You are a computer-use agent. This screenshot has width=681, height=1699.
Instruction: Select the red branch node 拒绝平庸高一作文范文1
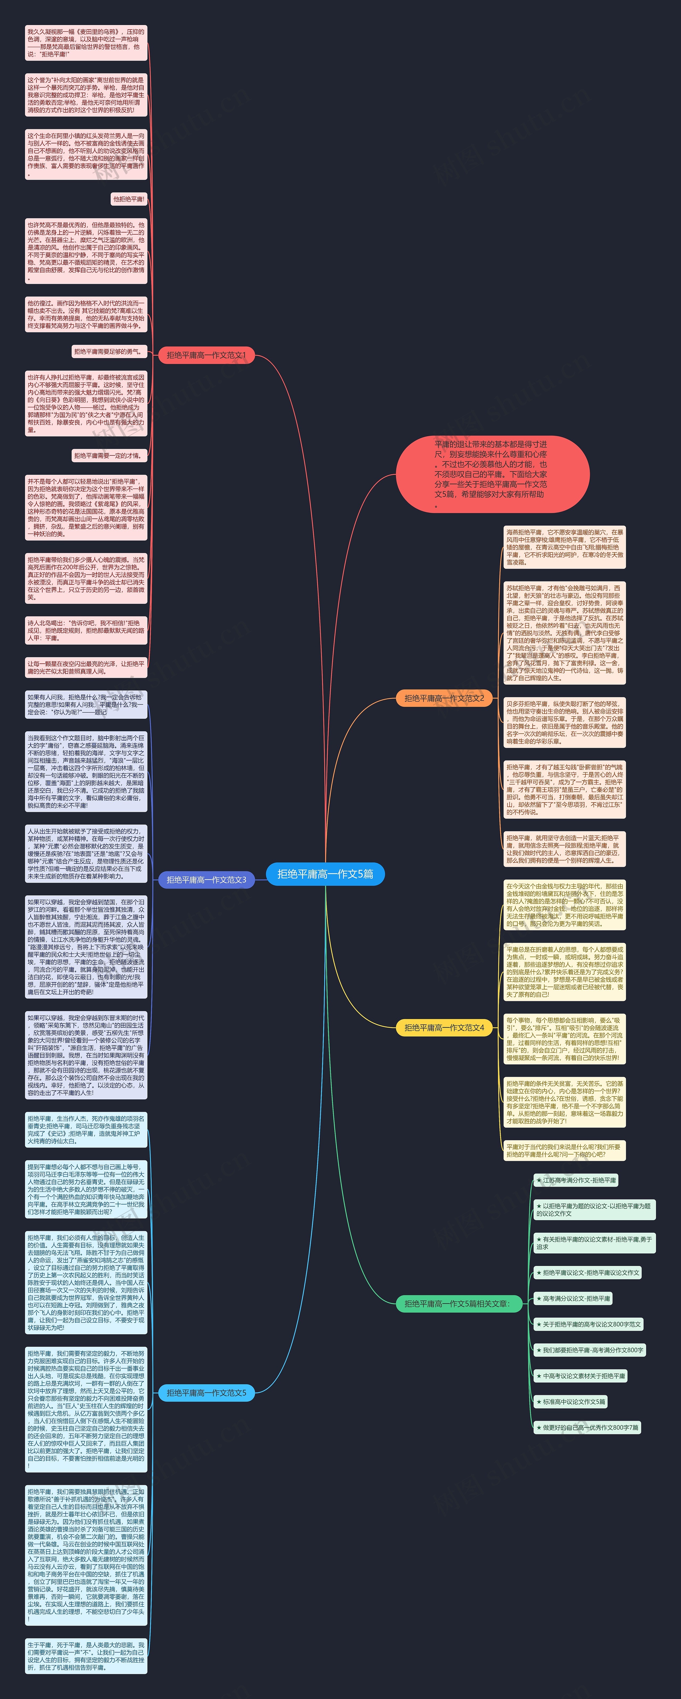click(206, 355)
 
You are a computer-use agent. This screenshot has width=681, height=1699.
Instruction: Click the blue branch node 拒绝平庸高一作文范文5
click(206, 1392)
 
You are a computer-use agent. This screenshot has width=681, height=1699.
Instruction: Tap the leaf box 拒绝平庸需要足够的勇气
click(109, 352)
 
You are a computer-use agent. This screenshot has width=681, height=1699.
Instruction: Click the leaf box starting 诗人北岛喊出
click(86, 630)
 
